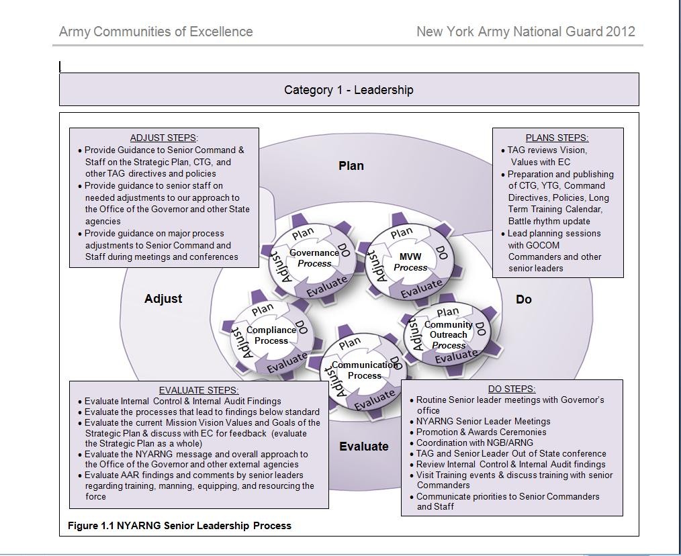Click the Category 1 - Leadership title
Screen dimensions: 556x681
pyautogui.click(x=349, y=90)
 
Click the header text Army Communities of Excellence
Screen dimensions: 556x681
pyautogui.click(x=156, y=32)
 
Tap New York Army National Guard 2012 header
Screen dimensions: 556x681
pyautogui.click(x=525, y=32)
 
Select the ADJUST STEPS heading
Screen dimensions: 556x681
pyautogui.click(x=164, y=138)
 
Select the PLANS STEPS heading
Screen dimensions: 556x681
pyautogui.click(x=557, y=138)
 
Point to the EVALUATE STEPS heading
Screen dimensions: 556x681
pyautogui.click(x=199, y=390)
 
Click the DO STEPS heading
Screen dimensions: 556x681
pyautogui.click(x=512, y=389)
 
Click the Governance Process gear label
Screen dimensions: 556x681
pyautogui.click(x=314, y=258)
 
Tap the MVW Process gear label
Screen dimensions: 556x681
pyautogui.click(x=410, y=262)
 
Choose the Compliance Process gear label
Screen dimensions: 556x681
pyautogui.click(x=271, y=335)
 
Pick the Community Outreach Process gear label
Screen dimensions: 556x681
pyautogui.click(x=449, y=334)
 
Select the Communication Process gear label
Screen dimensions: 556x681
pyautogui.click(x=365, y=370)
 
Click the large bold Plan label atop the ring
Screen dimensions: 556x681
pyautogui.click(x=351, y=166)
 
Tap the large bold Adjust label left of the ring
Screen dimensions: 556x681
pyautogui.click(x=163, y=299)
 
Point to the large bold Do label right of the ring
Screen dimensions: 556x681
pyautogui.click(x=524, y=299)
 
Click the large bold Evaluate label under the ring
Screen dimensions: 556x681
pyautogui.click(x=364, y=447)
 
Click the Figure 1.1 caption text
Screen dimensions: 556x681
pyautogui.click(x=179, y=526)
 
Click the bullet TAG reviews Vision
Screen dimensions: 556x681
pyautogui.click(x=547, y=150)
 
